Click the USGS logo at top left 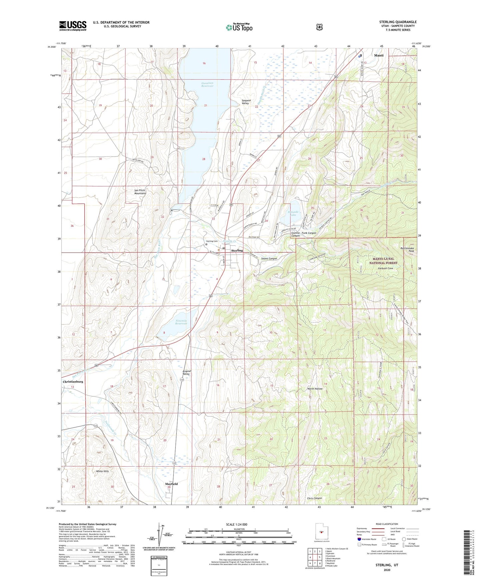coord(73,26)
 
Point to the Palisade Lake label coord(292,213)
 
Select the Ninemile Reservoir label coord(181,322)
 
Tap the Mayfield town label coord(171,484)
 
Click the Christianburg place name coord(73,381)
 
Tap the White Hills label coord(102,471)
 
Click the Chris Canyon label coord(314,498)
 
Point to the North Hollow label coord(315,389)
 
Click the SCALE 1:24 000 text coord(236,524)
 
